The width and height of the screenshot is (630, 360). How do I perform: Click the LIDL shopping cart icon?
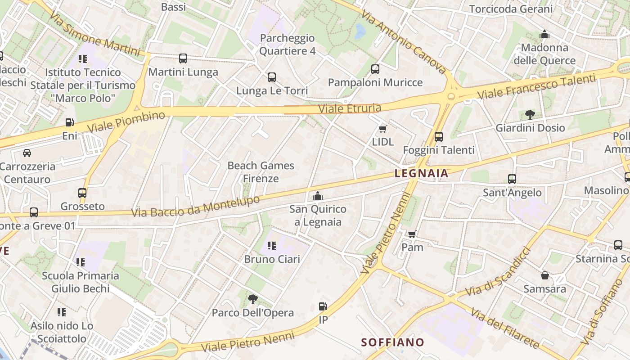[x=383, y=129]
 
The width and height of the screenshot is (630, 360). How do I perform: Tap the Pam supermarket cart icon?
[x=412, y=234]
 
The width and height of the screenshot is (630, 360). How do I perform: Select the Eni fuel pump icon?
[x=69, y=122]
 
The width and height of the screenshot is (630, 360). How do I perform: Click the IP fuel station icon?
[x=323, y=307]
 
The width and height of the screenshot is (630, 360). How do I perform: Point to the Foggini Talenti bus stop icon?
[x=439, y=137]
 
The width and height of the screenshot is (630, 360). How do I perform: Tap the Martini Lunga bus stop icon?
[x=183, y=58]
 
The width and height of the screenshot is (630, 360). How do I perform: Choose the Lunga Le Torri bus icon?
[x=272, y=77]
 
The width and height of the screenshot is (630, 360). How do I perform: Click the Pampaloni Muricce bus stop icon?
[x=375, y=69]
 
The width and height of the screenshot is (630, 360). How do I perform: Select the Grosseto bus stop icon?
[x=82, y=193]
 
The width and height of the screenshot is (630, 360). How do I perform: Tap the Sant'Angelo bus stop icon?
[x=512, y=179]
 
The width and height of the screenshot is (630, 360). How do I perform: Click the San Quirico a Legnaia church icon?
[x=318, y=196]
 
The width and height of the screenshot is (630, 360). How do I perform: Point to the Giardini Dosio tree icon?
[x=530, y=115]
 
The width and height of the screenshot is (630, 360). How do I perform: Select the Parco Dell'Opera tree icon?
[x=252, y=299]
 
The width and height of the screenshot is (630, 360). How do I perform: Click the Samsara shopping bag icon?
[x=544, y=275]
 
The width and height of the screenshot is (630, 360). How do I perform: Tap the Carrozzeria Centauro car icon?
[x=27, y=153]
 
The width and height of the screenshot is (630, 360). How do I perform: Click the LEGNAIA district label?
[x=421, y=173]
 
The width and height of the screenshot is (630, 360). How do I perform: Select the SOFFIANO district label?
[x=392, y=342]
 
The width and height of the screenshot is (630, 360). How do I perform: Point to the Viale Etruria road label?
[x=350, y=108]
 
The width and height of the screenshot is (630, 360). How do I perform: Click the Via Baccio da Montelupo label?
[x=196, y=207]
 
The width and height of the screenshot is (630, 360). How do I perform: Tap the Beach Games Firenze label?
[x=261, y=172]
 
